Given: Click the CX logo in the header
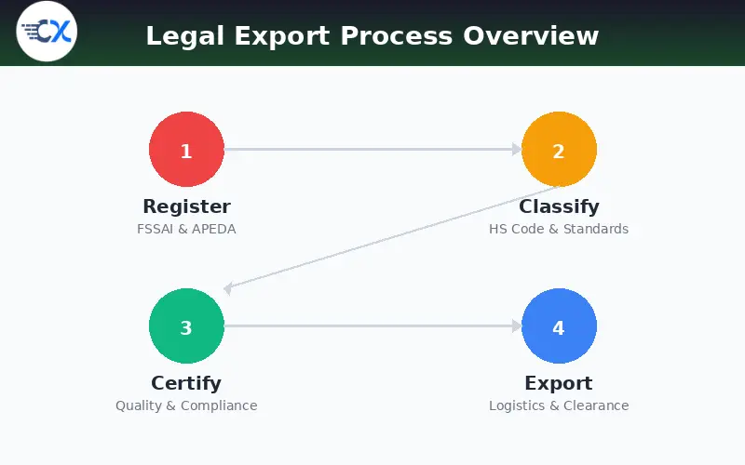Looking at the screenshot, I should pos(47,33).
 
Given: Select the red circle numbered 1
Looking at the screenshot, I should pos(186,150).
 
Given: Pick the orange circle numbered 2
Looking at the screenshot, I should pos(559,150).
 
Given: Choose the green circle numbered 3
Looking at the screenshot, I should pos(186,326).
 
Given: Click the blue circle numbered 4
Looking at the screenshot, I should pos(559,326).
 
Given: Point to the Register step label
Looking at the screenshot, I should pos(186,206).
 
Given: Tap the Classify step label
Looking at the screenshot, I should pos(559,206).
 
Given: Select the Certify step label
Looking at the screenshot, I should pos(186,383).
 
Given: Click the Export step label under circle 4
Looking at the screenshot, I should pos(559,383).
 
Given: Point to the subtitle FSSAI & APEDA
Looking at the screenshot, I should pos(186,229).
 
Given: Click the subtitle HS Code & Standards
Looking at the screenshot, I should pos(559,229).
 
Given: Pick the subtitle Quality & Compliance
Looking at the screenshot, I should pos(186,405).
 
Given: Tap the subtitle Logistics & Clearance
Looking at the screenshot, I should pos(559,405).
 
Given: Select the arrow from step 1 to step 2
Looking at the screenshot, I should pos(372,149).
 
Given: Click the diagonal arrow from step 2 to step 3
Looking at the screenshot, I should pos(391,238).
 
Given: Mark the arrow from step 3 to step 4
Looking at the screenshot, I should pos(372,325).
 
